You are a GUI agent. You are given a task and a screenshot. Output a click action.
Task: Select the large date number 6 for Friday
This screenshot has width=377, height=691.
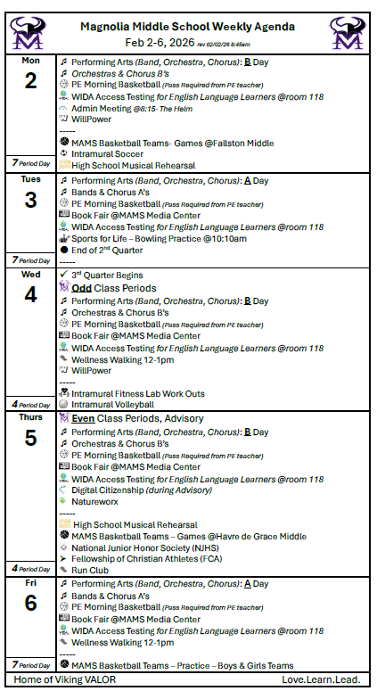tap(30, 603)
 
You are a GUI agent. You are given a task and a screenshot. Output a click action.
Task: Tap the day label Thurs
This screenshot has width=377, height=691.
tap(30, 416)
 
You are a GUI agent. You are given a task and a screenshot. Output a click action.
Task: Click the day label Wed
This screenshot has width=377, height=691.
tap(30, 274)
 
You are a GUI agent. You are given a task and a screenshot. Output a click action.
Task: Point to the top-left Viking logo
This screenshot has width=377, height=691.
tap(29, 34)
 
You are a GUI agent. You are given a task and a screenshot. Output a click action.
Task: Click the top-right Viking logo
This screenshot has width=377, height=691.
tap(347, 34)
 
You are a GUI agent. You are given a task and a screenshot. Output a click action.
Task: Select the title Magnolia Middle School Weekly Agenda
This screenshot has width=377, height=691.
tap(188, 28)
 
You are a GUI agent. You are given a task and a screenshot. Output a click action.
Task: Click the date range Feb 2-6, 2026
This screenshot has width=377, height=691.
tap(160, 42)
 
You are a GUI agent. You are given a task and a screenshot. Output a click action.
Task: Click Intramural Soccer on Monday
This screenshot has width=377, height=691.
tap(108, 153)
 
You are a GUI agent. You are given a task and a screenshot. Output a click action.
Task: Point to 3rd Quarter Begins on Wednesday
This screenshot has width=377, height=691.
tap(107, 276)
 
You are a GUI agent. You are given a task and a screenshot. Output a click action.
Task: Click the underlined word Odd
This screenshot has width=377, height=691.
tap(81, 288)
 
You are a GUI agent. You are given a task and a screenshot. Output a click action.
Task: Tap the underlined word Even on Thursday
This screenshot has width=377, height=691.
tap(84, 418)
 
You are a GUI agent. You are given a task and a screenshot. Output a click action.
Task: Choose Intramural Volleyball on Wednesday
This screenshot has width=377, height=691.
tap(114, 404)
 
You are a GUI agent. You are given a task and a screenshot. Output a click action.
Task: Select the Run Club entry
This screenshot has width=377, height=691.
tap(90, 570)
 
